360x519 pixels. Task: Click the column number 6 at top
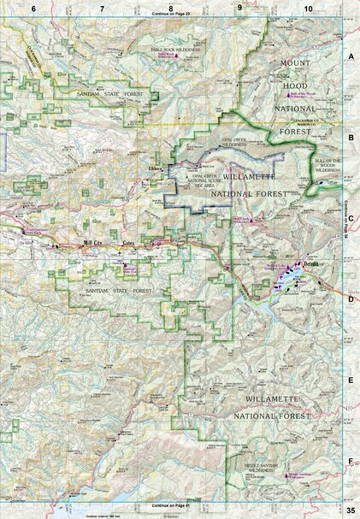(x=33, y=8)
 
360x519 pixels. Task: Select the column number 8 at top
(x=171, y=8)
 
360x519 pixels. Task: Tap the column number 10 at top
(x=307, y=8)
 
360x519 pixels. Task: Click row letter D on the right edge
(x=351, y=298)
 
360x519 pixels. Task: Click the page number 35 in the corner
(x=350, y=511)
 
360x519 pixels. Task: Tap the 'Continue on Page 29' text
(x=171, y=15)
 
